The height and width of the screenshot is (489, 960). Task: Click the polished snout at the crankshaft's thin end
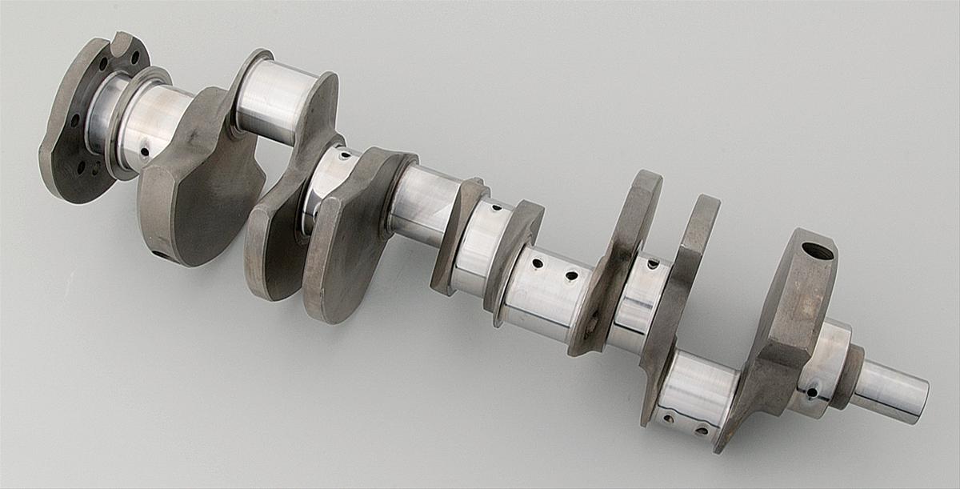(892, 391)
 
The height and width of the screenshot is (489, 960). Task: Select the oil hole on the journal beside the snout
(813, 392)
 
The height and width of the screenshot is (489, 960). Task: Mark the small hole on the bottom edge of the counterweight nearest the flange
(157, 255)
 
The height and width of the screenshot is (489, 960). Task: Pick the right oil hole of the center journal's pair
(571, 276)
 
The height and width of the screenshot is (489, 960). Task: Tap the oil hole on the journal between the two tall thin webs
(653, 263)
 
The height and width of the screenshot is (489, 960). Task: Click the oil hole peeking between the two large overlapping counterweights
(343, 154)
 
